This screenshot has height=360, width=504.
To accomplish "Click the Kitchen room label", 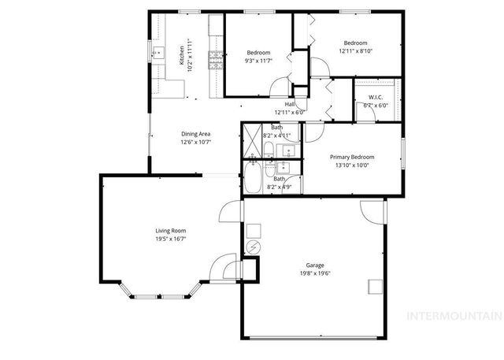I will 181,54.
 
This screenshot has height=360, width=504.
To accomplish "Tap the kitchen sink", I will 157,54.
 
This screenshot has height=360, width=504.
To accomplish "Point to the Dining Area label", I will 195,134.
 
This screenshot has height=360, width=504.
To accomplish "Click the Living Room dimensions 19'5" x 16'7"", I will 170,238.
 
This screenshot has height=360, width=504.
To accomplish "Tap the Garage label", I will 315,265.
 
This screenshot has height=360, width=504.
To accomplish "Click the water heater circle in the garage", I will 254,247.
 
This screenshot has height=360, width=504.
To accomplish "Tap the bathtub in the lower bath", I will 254,180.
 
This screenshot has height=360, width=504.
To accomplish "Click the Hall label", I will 290,104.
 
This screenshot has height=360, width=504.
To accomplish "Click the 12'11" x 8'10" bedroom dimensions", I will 354,50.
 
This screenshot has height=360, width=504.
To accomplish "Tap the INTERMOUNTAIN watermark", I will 452,316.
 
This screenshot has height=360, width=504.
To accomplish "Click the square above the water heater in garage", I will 254,231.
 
